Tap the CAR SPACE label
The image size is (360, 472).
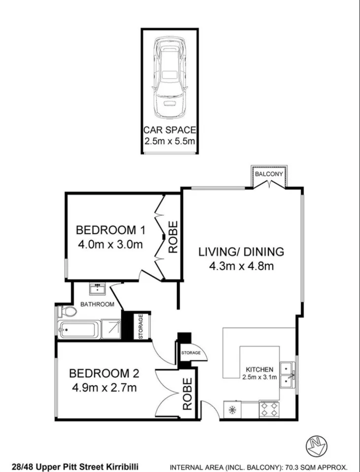169,131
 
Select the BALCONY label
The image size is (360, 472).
269,174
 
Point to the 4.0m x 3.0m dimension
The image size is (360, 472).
110,245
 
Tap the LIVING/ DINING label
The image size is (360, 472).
241,251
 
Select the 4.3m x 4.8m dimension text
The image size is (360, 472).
241,266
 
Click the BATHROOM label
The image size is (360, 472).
97,304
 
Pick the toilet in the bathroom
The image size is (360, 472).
67,312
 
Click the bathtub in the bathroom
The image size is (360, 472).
78,330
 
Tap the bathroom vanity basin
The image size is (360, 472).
97,289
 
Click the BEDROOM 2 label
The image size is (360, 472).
104,373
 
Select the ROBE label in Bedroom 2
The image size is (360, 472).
187,394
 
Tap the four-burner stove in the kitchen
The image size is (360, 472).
269,410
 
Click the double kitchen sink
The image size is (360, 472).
287,375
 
